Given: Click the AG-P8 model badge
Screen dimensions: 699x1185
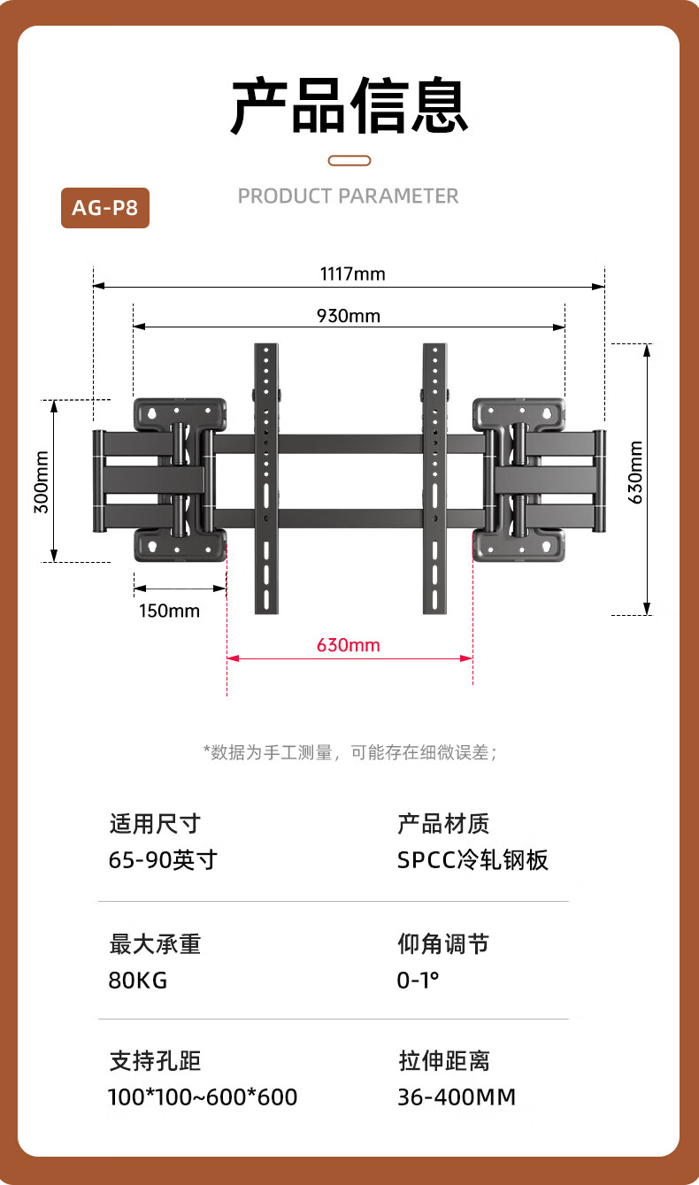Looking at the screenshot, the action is [x=105, y=208].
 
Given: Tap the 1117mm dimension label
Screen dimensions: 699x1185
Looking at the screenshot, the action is [x=353, y=274].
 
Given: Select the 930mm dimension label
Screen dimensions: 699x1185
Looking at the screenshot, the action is [x=349, y=316].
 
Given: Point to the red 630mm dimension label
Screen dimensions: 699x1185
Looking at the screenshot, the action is [x=349, y=645].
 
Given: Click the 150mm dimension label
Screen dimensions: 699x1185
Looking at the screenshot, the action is [x=169, y=611].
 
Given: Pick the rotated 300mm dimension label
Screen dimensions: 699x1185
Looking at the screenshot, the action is [x=42, y=482].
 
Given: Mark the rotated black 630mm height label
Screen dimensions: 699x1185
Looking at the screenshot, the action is [x=635, y=473].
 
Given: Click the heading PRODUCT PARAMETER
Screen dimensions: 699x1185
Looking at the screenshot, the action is [x=348, y=196].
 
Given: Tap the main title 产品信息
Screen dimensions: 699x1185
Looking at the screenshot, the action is [x=349, y=105].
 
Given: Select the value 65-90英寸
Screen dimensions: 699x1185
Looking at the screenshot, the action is [x=163, y=859].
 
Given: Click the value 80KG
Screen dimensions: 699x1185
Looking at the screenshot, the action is [x=138, y=981].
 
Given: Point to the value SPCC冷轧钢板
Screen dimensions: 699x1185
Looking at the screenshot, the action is [x=472, y=859].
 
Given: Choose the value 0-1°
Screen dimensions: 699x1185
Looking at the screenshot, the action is [x=418, y=981].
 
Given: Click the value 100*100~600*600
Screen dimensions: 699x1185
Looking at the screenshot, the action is [x=203, y=1097].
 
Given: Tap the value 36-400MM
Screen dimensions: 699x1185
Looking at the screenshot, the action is [x=457, y=1097].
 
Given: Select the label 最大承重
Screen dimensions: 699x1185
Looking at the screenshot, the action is [x=155, y=944].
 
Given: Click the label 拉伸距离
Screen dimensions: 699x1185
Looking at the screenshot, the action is [x=444, y=1061].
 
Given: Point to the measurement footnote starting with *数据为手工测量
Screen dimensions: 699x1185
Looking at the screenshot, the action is [x=350, y=752].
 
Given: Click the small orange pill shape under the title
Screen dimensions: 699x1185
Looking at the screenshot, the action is [x=349, y=160].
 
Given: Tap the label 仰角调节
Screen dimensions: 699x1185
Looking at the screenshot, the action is [x=443, y=944].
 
